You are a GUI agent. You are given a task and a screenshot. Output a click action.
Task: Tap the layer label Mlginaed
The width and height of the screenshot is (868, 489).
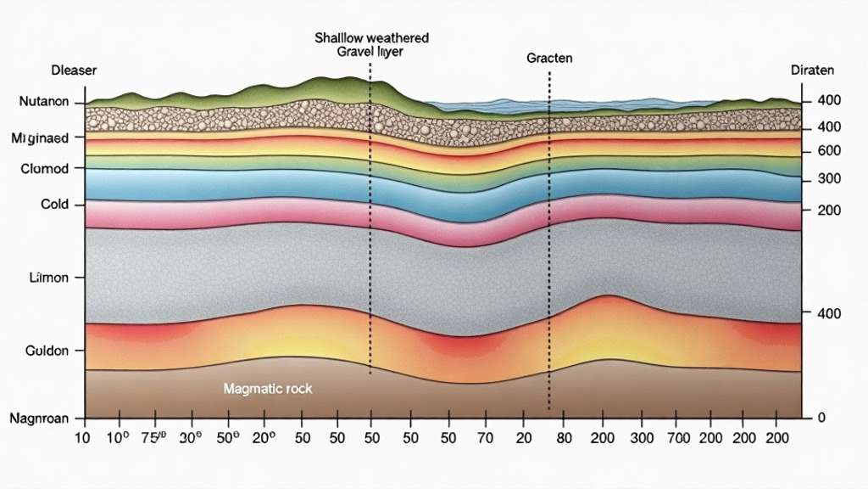47,137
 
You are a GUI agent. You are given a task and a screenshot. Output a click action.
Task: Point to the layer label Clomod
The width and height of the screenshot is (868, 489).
43,169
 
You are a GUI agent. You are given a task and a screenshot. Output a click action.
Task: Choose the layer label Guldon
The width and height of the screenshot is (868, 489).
46,350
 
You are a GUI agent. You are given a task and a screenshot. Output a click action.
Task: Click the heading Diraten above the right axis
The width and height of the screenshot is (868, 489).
811,71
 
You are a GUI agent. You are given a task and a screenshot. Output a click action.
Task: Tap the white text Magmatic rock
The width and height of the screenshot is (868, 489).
268,389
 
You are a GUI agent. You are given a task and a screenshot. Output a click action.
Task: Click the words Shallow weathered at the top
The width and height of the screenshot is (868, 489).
371,38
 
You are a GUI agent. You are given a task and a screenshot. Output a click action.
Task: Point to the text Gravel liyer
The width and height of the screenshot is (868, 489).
370,52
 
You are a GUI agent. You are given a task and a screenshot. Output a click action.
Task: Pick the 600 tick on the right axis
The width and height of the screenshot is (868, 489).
827,151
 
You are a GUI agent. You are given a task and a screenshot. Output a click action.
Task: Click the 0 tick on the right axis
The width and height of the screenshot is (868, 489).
820,418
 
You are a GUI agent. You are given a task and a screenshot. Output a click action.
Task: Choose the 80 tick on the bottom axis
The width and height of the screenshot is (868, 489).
565,438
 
